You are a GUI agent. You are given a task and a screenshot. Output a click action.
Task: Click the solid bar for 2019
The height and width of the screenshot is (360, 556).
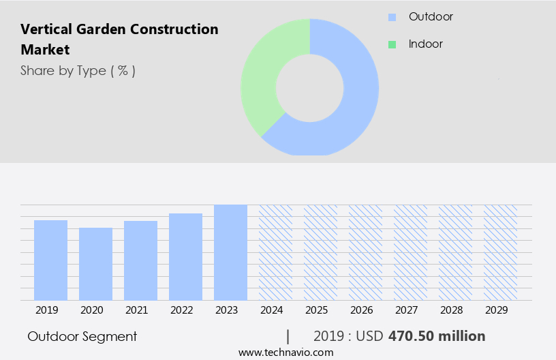click(x=50, y=260)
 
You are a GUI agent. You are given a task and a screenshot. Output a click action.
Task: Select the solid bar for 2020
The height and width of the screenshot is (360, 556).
click(x=95, y=264)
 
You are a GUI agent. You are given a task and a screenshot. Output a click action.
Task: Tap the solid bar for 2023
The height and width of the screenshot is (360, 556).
click(x=230, y=252)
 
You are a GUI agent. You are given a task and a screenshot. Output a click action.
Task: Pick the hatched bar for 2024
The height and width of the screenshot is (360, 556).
click(x=275, y=252)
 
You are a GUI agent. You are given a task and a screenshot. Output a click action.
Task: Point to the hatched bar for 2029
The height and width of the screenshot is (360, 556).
click(x=500, y=252)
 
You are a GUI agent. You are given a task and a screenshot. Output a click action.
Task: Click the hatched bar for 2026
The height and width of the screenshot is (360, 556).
click(x=365, y=252)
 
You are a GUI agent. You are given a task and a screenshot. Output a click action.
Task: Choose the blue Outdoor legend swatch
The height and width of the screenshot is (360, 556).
click(x=392, y=17)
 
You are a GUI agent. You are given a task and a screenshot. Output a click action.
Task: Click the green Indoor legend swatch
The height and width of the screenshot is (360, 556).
click(x=392, y=44)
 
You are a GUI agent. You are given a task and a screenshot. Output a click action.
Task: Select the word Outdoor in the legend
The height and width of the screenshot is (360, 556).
click(x=431, y=16)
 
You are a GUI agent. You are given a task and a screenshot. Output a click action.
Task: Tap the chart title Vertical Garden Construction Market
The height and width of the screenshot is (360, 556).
click(x=119, y=39)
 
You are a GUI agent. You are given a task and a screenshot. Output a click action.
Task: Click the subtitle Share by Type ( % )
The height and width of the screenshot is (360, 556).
click(x=78, y=70)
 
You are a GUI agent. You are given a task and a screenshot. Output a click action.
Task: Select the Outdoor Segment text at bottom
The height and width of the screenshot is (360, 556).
click(x=82, y=336)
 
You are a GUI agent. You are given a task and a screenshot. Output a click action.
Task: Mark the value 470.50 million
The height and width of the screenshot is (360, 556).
click(x=437, y=336)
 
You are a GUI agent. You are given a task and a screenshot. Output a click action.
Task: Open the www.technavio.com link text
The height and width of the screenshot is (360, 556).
click(x=285, y=352)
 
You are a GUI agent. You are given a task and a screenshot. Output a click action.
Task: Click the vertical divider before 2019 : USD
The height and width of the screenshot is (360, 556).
click(x=288, y=336)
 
